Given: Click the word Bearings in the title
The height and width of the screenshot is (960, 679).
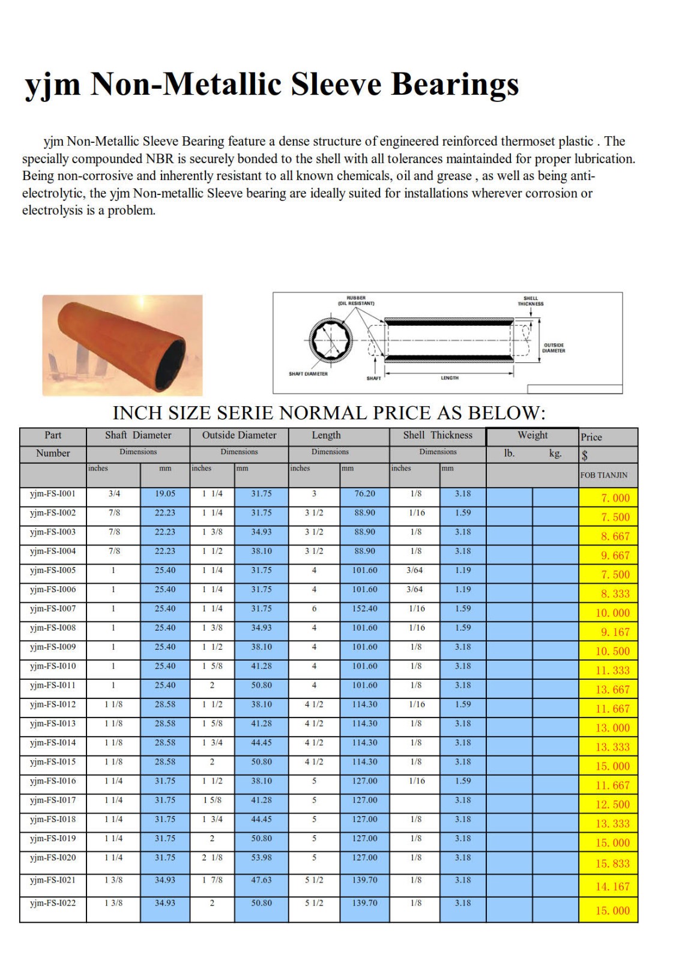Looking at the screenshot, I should pos(455,84).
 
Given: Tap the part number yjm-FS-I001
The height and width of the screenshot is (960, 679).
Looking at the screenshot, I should pos(53,494).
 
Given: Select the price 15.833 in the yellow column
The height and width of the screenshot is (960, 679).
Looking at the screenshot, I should pos(612,864).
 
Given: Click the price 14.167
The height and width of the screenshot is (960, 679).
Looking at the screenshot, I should pos(612,887).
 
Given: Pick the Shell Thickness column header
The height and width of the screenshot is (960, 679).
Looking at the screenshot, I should pos(438,436).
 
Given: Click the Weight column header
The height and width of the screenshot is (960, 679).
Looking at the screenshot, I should pos(533,436).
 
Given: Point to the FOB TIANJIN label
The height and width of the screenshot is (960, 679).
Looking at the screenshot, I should pos(603,475).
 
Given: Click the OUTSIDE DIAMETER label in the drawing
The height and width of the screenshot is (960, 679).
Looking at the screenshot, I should pos(554,348).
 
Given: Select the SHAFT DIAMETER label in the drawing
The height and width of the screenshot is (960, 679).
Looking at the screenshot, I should pos(308,374).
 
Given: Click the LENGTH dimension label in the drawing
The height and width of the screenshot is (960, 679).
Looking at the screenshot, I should pos(450,378).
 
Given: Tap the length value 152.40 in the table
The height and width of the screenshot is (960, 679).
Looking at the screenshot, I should pos(364,609).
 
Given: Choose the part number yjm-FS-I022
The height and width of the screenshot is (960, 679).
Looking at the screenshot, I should pos(53,903).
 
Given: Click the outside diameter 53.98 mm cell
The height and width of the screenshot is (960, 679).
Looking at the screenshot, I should pos(261,858).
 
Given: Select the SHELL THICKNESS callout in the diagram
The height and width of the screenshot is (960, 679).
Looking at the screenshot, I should pos(531,301).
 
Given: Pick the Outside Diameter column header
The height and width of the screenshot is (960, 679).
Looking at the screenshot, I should pos(239,436).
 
